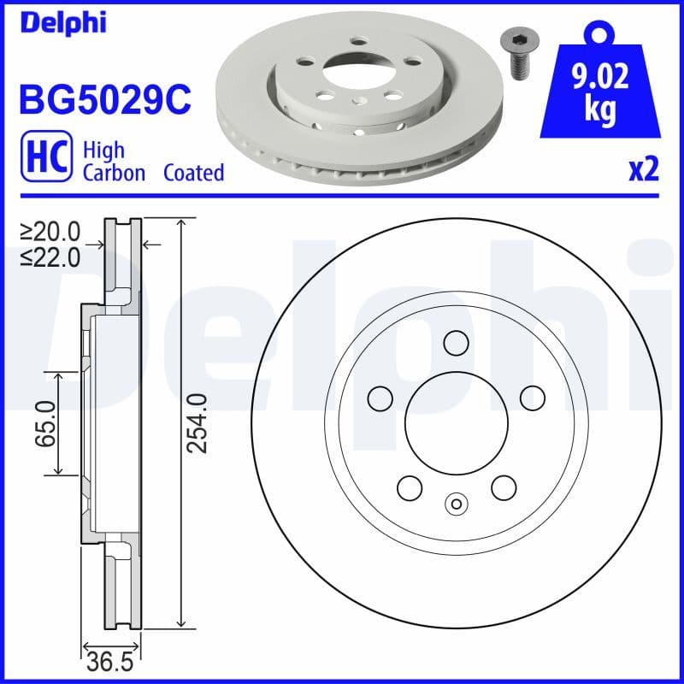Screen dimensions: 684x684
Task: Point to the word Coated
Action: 194,173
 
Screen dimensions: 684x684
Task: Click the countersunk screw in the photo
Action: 515,54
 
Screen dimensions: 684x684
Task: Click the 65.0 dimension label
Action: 44,422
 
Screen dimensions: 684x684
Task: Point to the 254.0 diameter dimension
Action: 198,423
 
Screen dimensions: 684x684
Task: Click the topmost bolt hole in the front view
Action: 456,342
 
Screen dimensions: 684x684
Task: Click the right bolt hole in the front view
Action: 533,397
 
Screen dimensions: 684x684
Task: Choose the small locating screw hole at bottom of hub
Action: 456,504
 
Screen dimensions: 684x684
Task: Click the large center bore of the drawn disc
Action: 456,422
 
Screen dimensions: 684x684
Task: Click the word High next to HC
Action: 103,150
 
